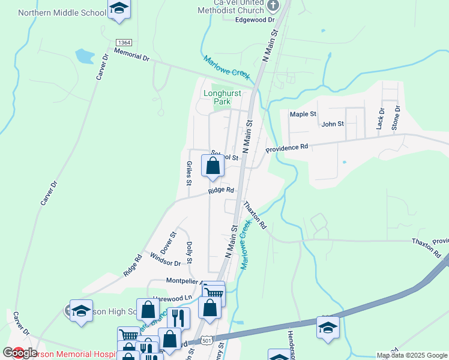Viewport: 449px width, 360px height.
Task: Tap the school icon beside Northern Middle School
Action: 119,9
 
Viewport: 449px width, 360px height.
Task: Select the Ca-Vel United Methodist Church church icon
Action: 273,7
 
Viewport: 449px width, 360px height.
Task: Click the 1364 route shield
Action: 124,42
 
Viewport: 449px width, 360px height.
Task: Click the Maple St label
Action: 303,114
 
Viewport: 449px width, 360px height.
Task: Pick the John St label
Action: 333,124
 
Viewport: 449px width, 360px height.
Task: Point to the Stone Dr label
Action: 396,117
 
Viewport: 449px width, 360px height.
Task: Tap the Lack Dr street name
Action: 380,119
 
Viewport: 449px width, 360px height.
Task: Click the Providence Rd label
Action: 287,147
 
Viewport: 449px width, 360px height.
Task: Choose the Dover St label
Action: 167,242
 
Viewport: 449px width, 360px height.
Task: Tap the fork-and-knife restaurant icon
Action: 178,317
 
